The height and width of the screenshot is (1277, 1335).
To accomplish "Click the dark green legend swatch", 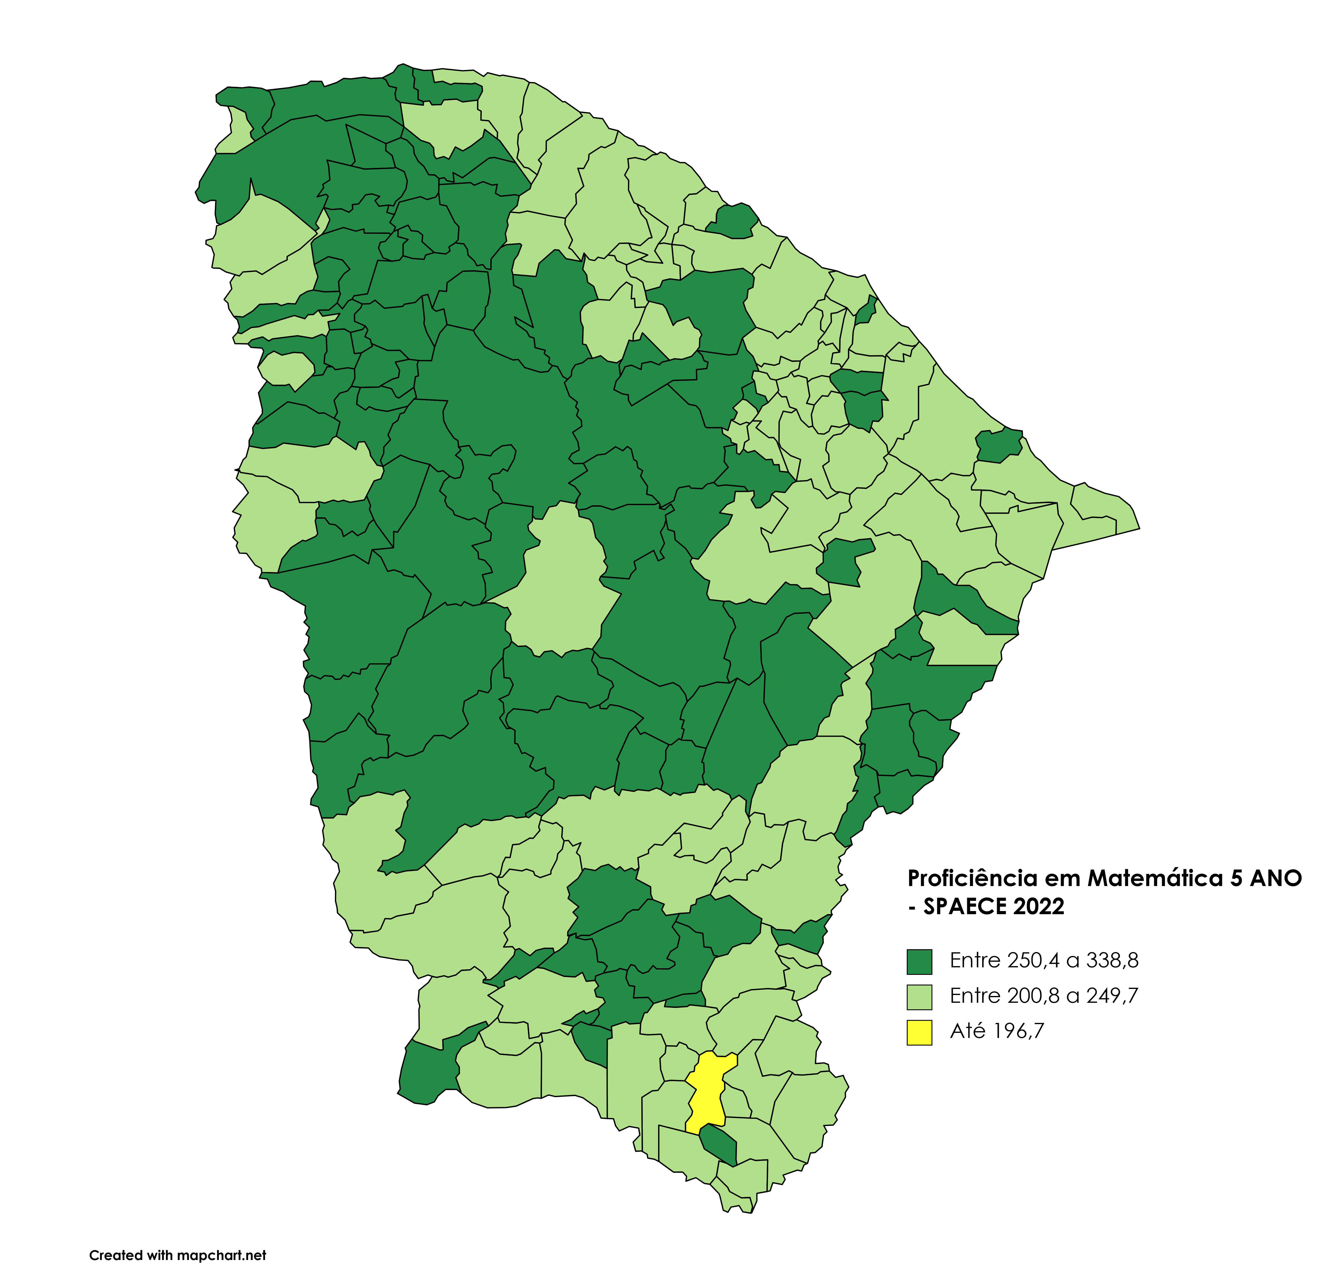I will click(919, 962).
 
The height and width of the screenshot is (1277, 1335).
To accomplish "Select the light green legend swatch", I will click(919, 997).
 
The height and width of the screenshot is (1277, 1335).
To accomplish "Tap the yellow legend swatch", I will click(919, 1033).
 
